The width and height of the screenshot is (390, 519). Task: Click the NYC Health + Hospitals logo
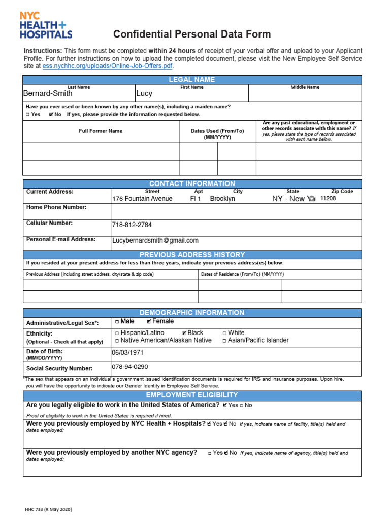click(x=46, y=25)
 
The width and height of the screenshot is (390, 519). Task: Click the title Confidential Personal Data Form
click(x=192, y=34)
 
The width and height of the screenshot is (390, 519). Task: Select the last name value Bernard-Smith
click(x=48, y=93)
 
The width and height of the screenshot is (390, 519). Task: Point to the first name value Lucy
click(x=144, y=94)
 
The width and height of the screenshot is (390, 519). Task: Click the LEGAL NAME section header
click(x=192, y=80)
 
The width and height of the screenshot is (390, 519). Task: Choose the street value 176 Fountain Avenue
click(x=142, y=199)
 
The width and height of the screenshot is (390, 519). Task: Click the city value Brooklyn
click(x=222, y=199)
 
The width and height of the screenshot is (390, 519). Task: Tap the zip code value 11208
click(x=328, y=199)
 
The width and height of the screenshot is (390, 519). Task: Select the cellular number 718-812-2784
click(x=132, y=225)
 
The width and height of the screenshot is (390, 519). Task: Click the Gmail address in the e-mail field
click(x=155, y=241)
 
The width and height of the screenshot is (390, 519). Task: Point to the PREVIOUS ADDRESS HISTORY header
click(x=192, y=255)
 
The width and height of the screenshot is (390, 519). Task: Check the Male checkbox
click(x=117, y=321)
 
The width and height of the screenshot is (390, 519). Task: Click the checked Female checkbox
click(x=148, y=321)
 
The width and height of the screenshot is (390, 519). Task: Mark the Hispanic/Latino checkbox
click(x=117, y=333)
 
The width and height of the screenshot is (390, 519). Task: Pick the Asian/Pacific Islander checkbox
click(x=225, y=341)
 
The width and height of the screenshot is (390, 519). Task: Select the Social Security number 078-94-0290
click(x=130, y=366)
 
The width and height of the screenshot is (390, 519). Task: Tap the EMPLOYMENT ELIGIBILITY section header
click(x=192, y=395)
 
